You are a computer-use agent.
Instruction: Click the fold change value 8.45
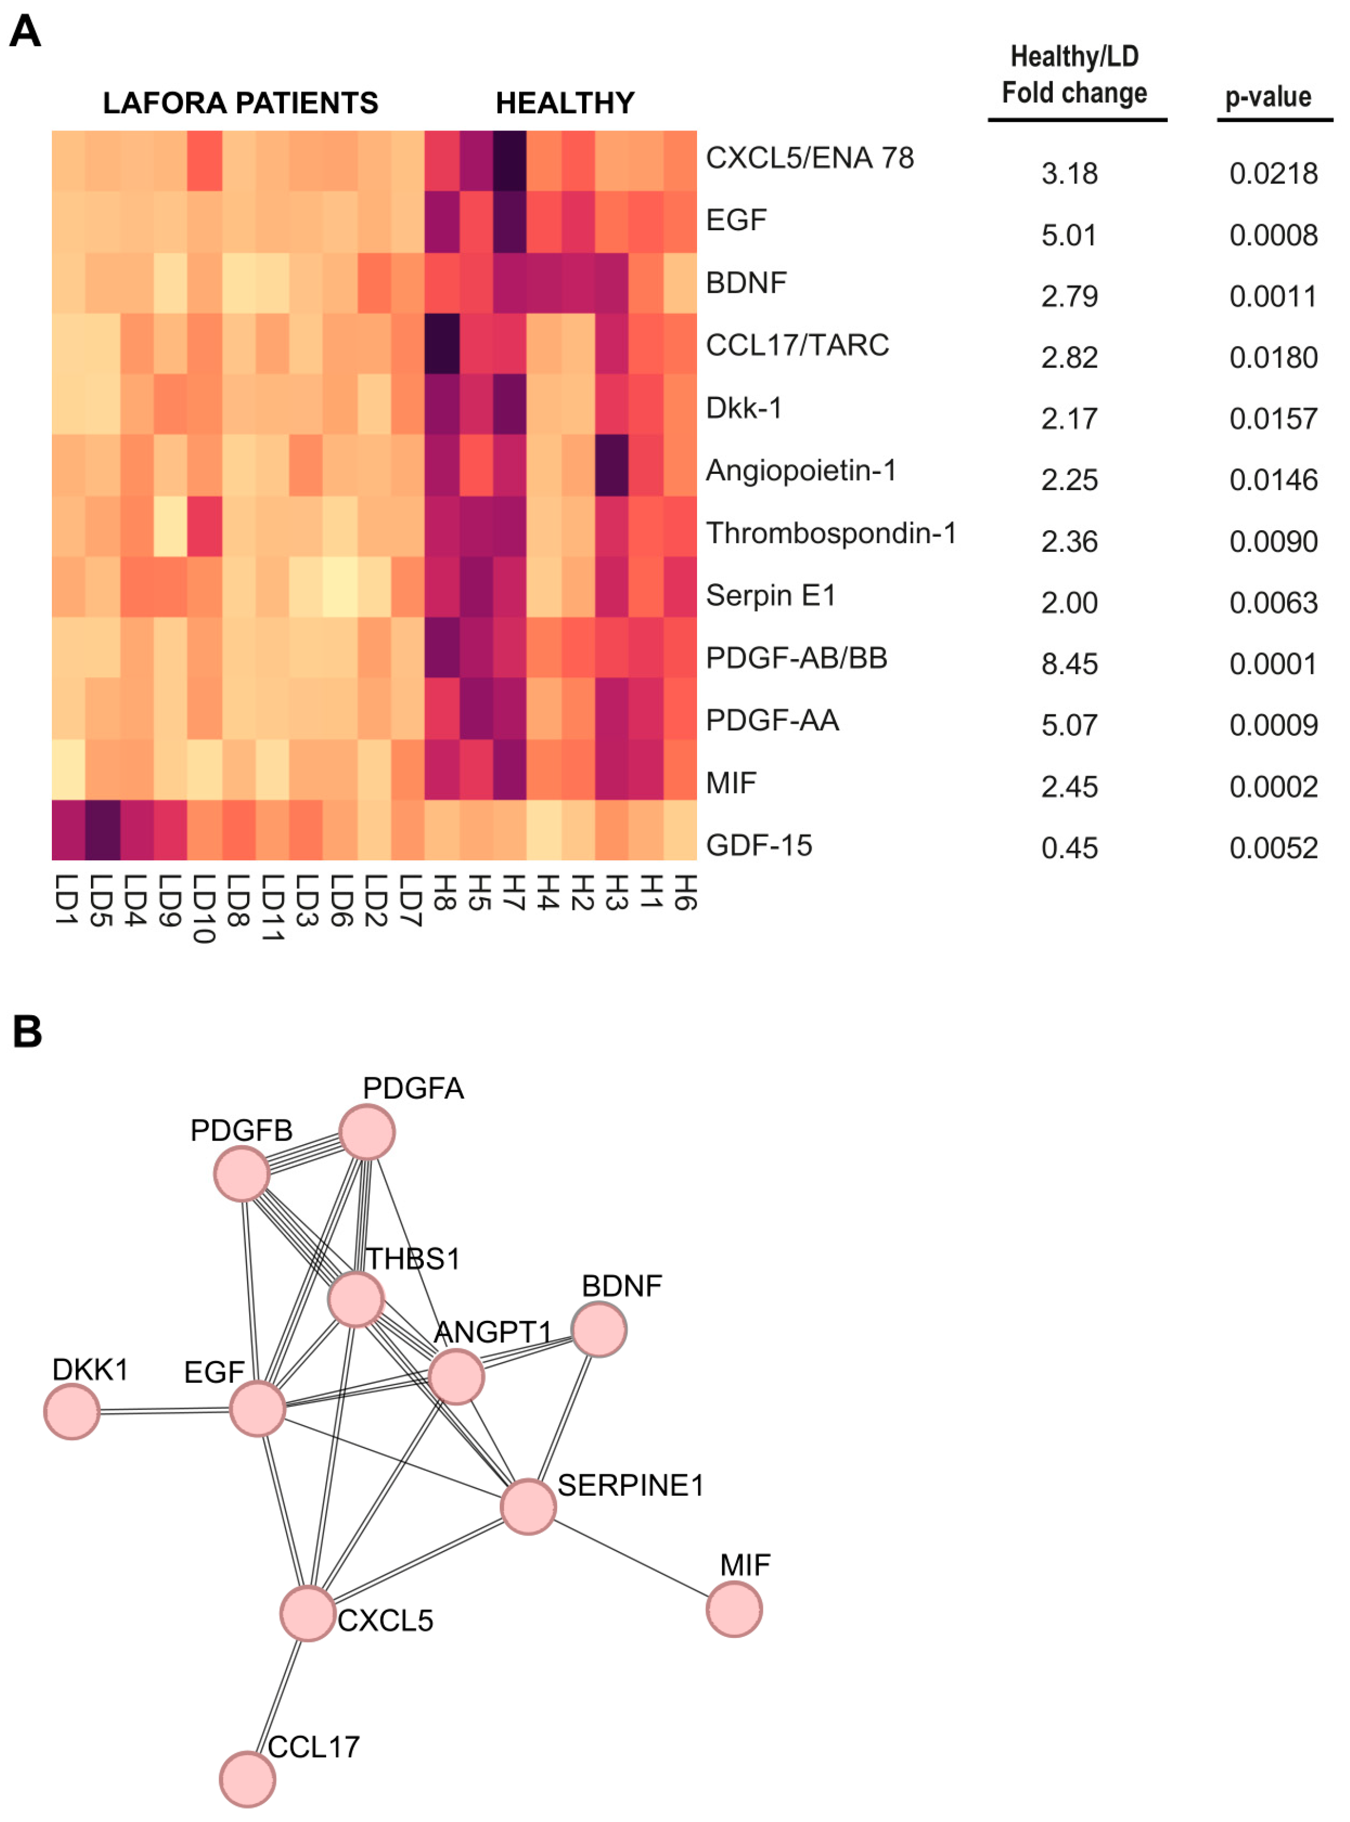click(1069, 663)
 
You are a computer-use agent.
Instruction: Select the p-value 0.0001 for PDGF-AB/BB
click(1272, 663)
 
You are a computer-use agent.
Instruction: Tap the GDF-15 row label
click(758, 845)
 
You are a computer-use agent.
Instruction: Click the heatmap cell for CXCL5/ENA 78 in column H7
click(509, 161)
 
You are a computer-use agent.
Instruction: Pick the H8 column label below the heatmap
click(442, 892)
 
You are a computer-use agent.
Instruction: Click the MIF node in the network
click(734, 1609)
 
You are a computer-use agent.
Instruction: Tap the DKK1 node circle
click(72, 1411)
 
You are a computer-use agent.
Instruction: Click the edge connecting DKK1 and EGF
click(163, 1410)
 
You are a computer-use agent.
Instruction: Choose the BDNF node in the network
click(599, 1329)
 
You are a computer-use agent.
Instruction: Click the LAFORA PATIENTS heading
click(240, 103)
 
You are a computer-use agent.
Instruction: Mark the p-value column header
click(1267, 97)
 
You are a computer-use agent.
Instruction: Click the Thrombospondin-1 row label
click(830, 532)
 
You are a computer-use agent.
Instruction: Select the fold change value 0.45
click(1069, 848)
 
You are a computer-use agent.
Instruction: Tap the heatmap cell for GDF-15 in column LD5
click(103, 829)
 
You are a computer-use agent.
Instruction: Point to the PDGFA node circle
click(367, 1132)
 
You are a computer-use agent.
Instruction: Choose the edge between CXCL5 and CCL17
click(278, 1694)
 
